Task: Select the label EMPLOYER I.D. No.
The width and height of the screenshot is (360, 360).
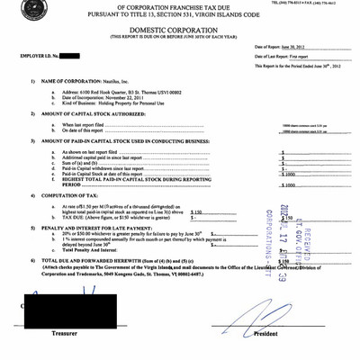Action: tap(39, 56)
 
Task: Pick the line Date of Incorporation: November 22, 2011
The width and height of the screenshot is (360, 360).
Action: tap(105, 97)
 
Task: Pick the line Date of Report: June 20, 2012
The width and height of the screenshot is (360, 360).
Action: tap(283, 45)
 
